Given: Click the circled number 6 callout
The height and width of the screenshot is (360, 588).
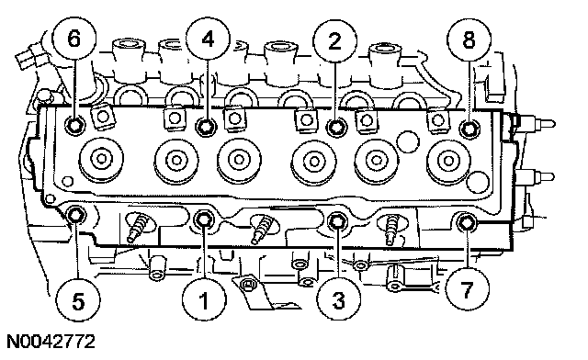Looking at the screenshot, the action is click(73, 39).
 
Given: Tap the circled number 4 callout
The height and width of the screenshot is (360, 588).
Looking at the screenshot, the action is click(208, 39).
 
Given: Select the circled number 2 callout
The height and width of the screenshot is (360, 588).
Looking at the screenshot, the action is click(334, 40).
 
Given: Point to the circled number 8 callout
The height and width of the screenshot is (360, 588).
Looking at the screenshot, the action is click(469, 39).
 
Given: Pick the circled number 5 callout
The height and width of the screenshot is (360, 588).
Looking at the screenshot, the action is click(78, 300).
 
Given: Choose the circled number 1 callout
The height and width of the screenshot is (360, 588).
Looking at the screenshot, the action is click(204, 300).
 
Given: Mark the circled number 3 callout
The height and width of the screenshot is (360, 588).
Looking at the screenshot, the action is click(339, 299).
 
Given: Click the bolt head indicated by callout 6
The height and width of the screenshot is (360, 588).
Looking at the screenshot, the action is click(74, 125).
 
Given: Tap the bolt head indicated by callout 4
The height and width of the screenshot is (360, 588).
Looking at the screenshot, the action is click(206, 127).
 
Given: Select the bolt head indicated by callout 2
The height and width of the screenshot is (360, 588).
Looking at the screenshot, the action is click(336, 127).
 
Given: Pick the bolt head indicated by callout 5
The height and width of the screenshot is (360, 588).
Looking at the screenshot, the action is click(76, 215).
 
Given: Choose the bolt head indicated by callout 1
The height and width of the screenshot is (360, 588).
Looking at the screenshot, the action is click(204, 219).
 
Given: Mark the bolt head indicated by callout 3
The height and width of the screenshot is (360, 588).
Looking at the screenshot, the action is click(337, 221).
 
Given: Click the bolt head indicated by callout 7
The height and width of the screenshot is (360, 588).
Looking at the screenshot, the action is click(466, 222).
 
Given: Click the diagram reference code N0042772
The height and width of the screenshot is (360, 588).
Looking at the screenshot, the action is click(51, 342).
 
